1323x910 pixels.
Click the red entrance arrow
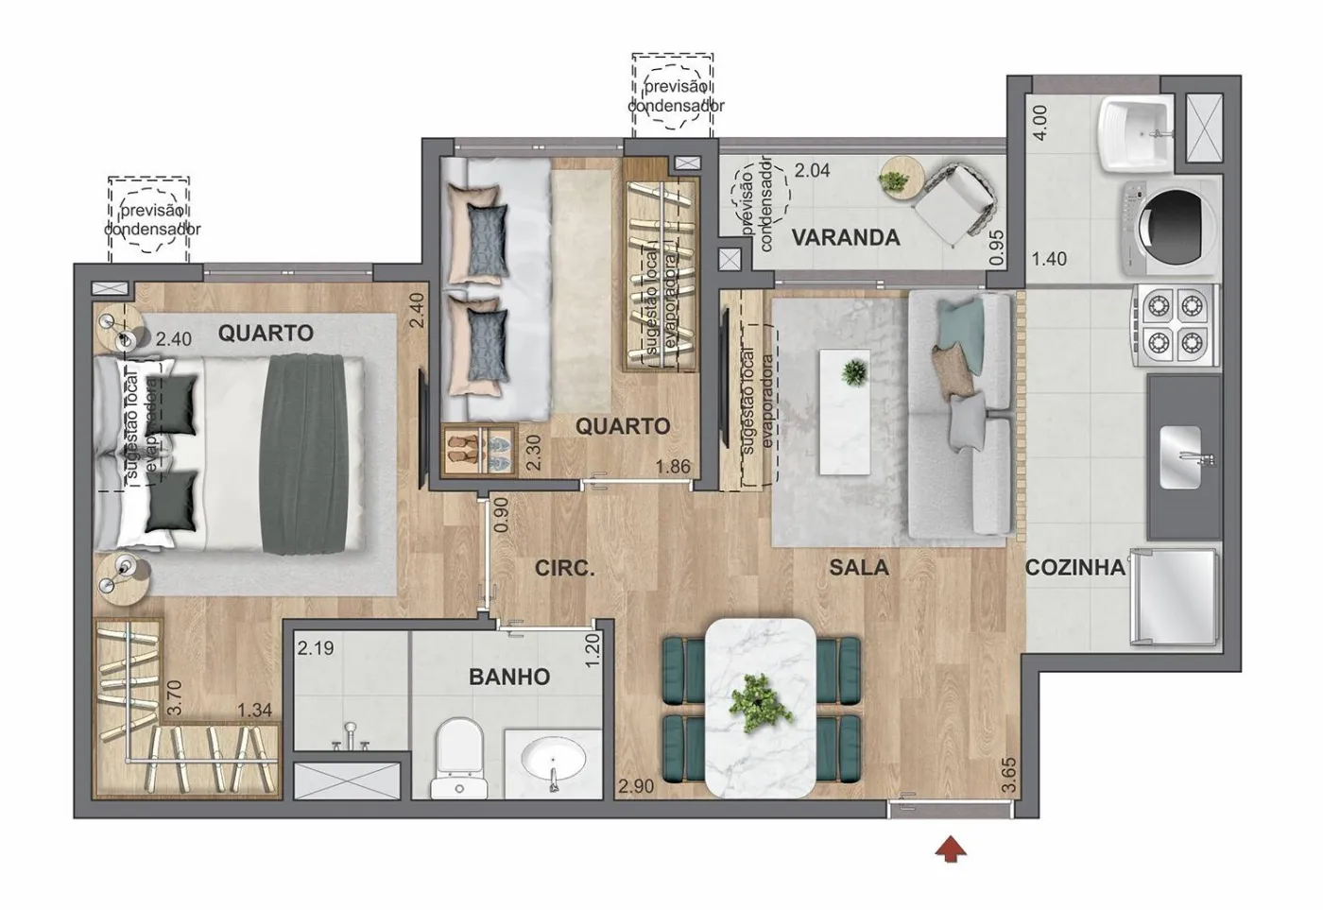951,849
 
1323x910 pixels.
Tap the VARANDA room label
845,237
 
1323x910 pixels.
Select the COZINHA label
1075,568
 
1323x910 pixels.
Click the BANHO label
509,677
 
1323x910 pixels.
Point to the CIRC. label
564,568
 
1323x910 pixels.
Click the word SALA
859,568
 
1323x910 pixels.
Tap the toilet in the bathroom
459,758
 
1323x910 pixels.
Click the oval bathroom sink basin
554,762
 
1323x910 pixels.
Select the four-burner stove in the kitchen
1175,325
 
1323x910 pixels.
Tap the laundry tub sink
1136,134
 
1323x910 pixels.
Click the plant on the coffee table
854,373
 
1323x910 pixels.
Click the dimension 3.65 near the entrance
1009,775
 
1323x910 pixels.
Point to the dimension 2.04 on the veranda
812,171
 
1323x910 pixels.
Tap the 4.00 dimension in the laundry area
1040,122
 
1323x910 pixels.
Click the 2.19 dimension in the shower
316,648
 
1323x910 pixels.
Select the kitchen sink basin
1180,457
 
